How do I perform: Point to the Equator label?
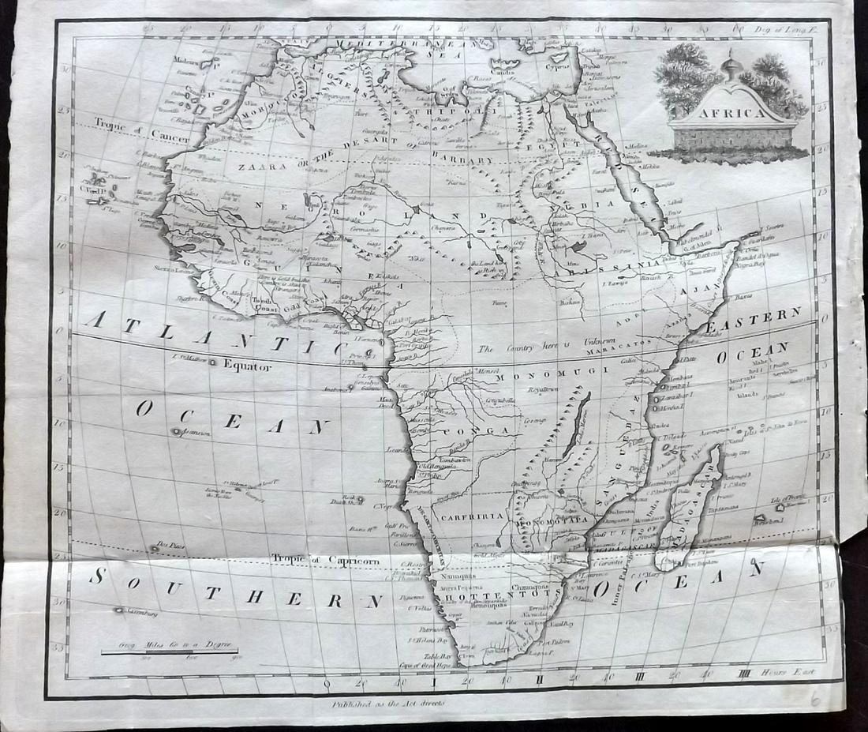(x=247, y=366)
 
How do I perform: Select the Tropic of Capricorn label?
(x=326, y=558)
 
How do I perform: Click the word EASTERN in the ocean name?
(x=753, y=321)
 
